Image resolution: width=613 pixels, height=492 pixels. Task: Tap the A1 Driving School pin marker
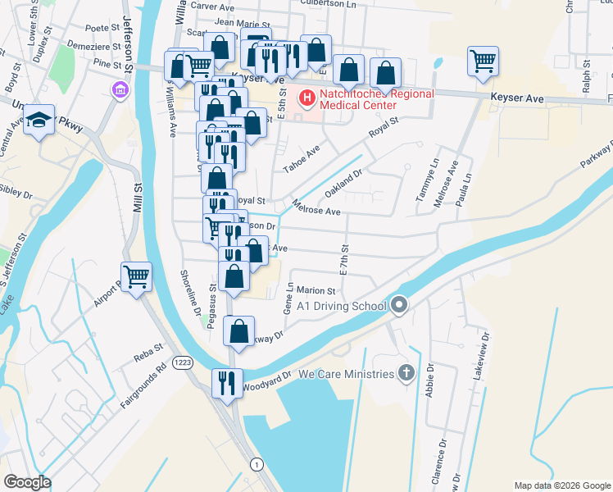399,306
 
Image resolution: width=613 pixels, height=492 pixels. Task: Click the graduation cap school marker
39,121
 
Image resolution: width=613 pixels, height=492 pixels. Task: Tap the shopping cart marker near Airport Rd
136,276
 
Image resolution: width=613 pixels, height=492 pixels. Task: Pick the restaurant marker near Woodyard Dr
227,382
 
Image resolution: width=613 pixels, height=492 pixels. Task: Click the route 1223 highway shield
182,362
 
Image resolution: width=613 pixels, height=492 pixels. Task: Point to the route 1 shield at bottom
258,465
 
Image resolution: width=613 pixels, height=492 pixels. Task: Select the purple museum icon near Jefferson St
120,89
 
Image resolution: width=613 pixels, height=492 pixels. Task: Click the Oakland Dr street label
343,184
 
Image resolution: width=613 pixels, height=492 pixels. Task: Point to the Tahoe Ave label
300,156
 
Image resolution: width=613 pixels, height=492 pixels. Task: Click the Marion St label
316,290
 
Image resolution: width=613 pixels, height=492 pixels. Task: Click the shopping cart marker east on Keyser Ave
483,60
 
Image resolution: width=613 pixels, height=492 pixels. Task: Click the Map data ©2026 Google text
561,485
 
